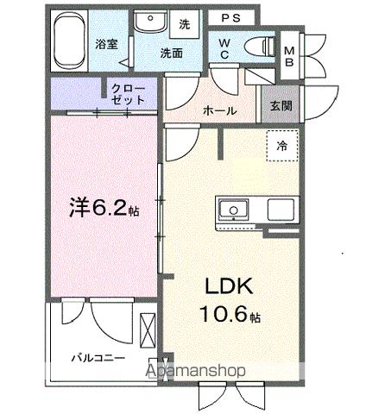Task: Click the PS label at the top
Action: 230,17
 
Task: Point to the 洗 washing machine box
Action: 184,25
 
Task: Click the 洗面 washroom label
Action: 171,53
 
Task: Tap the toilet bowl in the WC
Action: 257,47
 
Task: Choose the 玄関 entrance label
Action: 280,106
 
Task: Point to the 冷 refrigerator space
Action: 281,147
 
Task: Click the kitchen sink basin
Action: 233,210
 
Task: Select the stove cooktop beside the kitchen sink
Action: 282,210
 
